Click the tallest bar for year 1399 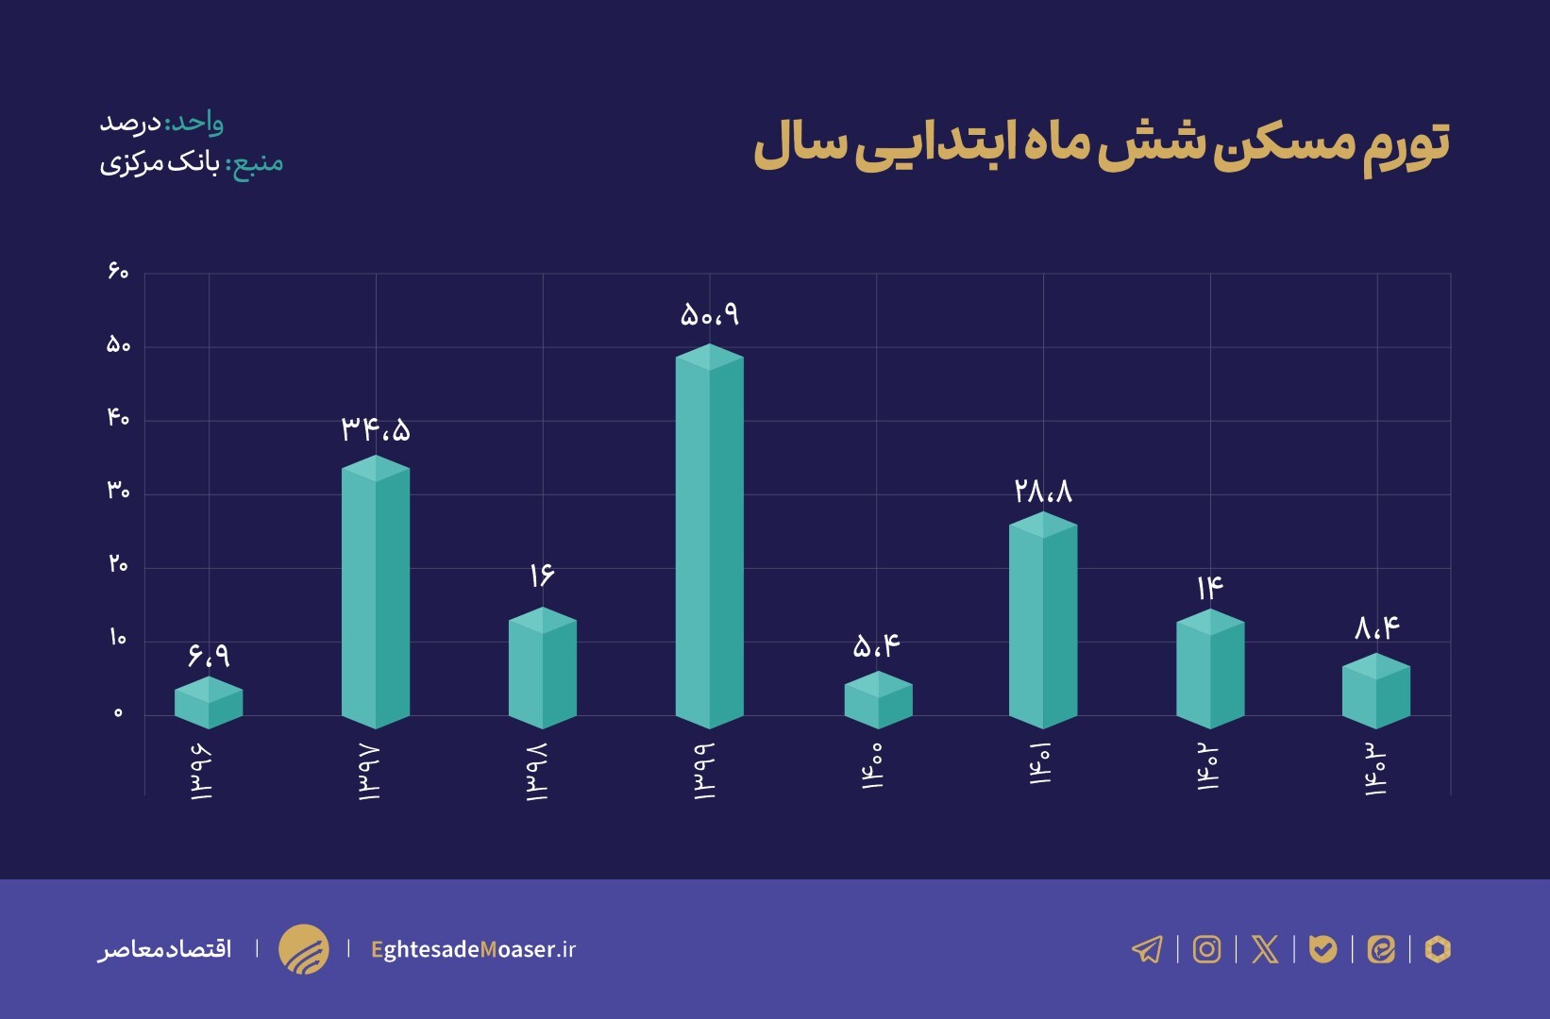point(710,538)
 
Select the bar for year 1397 point(376,594)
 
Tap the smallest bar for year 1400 point(878,701)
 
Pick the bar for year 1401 point(1043,623)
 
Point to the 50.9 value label point(710,314)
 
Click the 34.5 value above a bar point(376,430)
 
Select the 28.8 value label point(1043,491)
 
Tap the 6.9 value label point(209,654)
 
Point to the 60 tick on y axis point(118,272)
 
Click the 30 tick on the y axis point(118,491)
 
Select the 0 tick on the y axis point(118,713)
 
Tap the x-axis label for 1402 point(1208,769)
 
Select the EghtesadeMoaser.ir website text point(473,949)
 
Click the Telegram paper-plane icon point(1147,949)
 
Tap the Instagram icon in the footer point(1206,949)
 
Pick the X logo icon point(1265,949)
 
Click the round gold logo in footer point(304,949)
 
